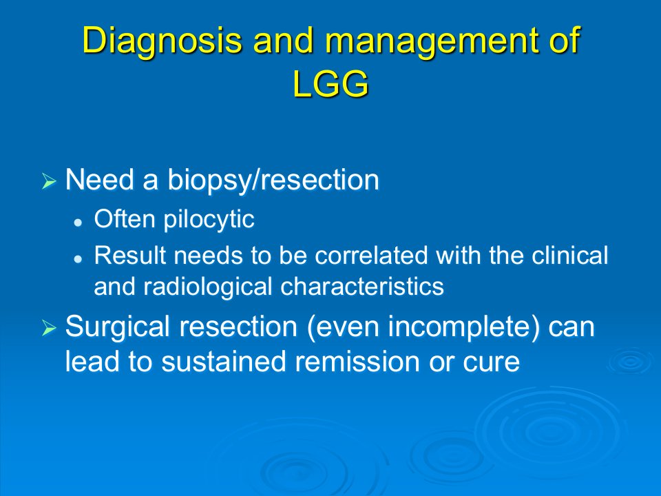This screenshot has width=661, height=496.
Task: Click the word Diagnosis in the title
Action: click(x=162, y=41)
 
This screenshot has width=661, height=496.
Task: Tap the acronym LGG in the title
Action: click(x=330, y=83)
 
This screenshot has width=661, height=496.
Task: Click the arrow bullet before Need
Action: click(x=49, y=182)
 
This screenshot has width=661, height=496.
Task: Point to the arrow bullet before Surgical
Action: click(x=49, y=328)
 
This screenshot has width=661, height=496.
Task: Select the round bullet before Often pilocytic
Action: click(x=78, y=223)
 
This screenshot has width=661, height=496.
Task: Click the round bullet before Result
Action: click(x=78, y=258)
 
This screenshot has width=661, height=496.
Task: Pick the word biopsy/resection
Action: click(x=273, y=180)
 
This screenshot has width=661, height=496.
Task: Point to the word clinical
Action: click(x=569, y=256)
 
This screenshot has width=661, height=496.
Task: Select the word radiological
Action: click(x=207, y=287)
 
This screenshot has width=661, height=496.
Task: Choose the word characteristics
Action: click(x=362, y=287)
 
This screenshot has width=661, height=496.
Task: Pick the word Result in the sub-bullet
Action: click(x=130, y=256)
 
